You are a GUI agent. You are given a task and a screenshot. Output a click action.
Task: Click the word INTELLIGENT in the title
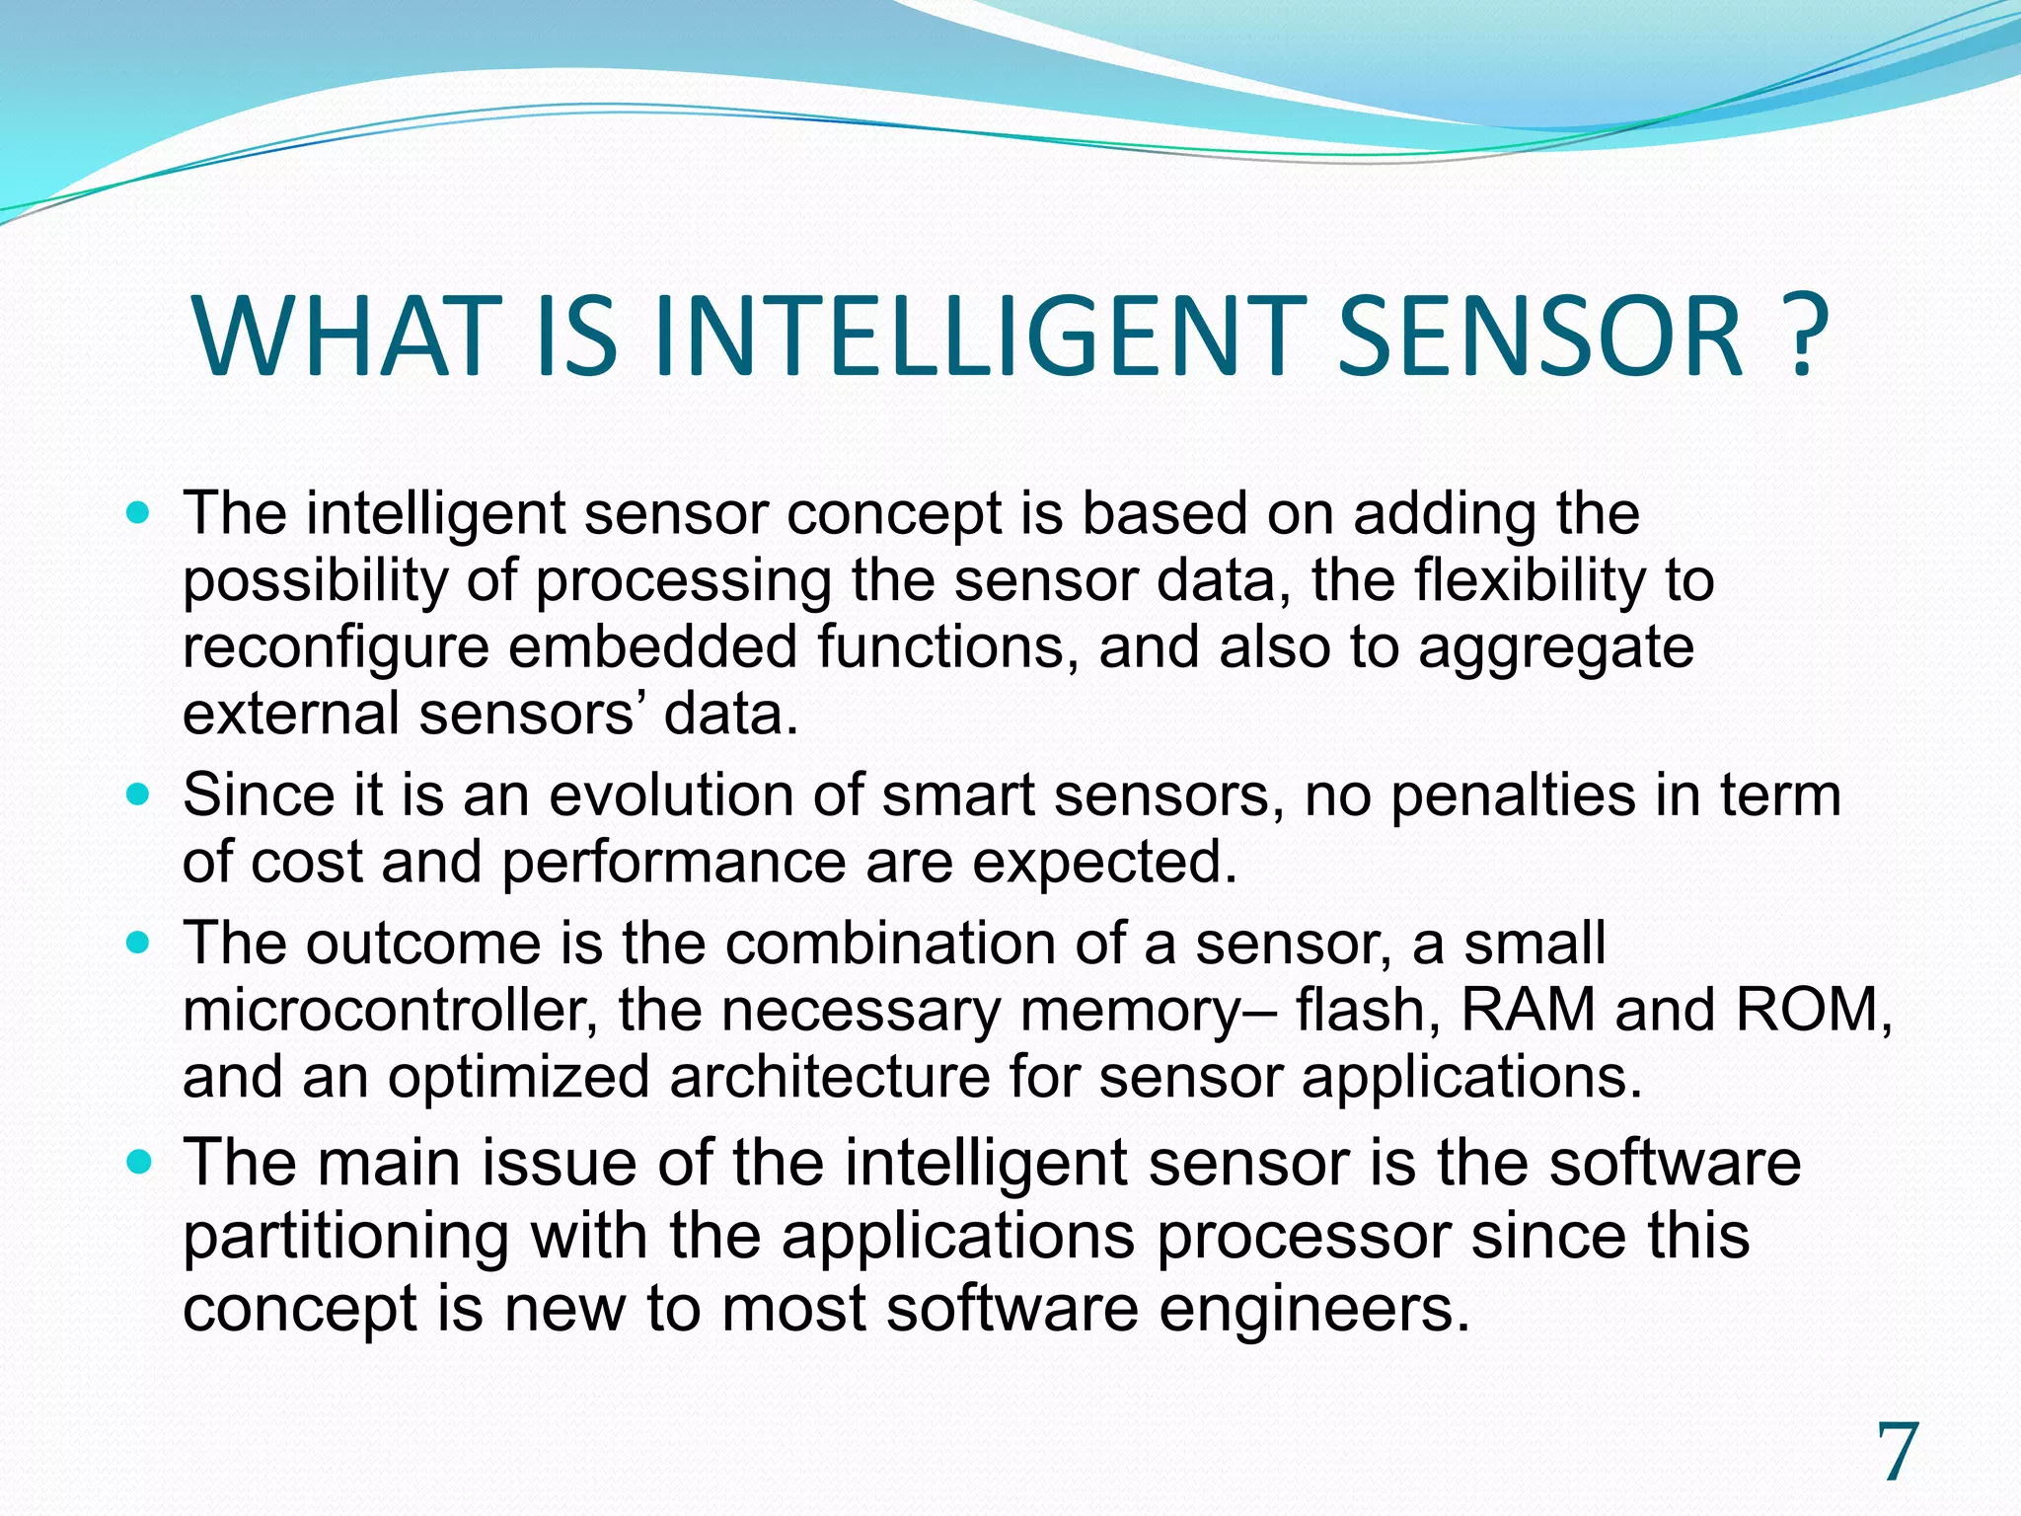(x=972, y=338)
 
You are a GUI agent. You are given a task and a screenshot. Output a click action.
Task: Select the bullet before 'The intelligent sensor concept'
(x=139, y=514)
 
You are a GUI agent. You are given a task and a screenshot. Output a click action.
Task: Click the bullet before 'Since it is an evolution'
(x=139, y=795)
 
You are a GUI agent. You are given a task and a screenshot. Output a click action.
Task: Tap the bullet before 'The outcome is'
(x=139, y=943)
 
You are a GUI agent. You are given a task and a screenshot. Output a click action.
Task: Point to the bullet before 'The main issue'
(x=139, y=1163)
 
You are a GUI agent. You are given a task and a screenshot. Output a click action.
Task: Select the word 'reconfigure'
(x=336, y=649)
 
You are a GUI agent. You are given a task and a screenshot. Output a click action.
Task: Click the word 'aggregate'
(x=1555, y=649)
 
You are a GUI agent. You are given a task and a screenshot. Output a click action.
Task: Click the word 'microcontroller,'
(x=390, y=1011)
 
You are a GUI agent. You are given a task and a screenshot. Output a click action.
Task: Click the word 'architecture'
(x=829, y=1077)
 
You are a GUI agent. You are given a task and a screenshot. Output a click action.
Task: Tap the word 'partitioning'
(x=345, y=1237)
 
